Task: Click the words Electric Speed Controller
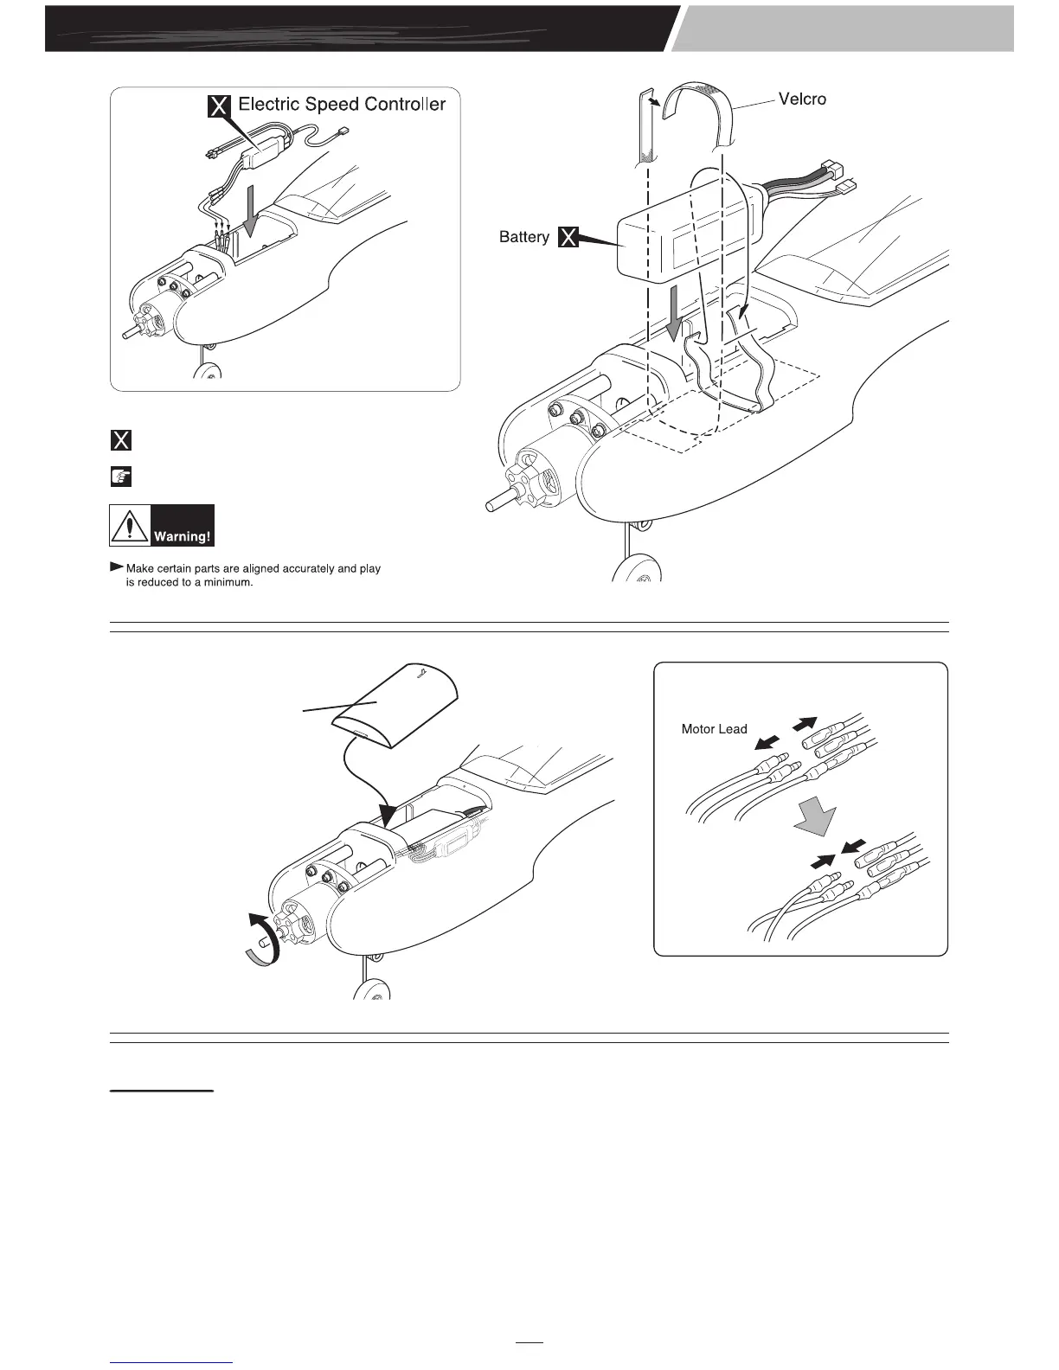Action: click(x=342, y=105)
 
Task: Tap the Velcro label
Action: click(x=802, y=99)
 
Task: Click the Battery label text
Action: click(x=523, y=237)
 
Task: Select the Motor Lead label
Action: click(x=714, y=729)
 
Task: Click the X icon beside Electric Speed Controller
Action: click(x=220, y=106)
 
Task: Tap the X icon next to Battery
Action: click(x=568, y=237)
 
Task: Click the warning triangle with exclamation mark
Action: click(x=129, y=526)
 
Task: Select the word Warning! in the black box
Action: click(x=182, y=536)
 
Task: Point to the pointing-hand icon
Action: click(x=121, y=477)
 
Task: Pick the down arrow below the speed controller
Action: click(x=251, y=217)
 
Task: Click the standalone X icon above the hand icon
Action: click(x=121, y=440)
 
